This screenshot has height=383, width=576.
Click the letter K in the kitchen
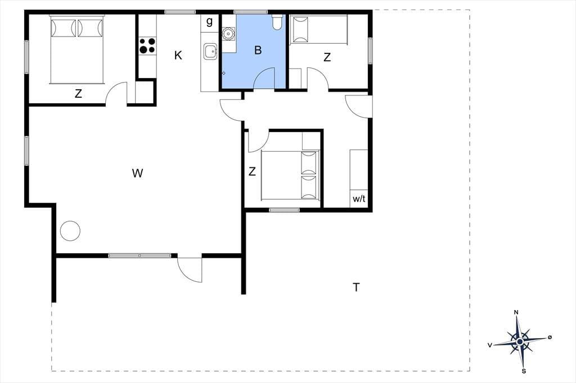point(178,56)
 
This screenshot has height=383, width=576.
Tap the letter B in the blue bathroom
point(258,50)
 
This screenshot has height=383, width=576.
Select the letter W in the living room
point(137,173)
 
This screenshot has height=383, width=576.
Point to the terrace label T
point(356,288)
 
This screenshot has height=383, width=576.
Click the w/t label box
point(359,199)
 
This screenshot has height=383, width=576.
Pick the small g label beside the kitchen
point(209,21)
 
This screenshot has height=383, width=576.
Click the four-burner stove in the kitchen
point(147,45)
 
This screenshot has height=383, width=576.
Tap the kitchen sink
point(211,52)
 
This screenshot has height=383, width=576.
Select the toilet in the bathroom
point(277,22)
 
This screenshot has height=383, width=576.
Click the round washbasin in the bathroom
point(229,34)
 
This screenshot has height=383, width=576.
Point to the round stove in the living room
point(70,231)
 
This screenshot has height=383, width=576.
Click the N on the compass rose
point(516,312)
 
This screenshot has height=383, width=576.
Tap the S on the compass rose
point(524,371)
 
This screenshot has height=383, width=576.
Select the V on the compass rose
point(490,345)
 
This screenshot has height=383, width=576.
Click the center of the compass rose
point(520,342)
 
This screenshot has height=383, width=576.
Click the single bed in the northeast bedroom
point(318,29)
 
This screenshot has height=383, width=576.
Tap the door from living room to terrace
point(190,270)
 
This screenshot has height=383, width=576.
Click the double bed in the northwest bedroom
point(77,49)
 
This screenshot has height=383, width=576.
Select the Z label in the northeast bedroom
point(327,57)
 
